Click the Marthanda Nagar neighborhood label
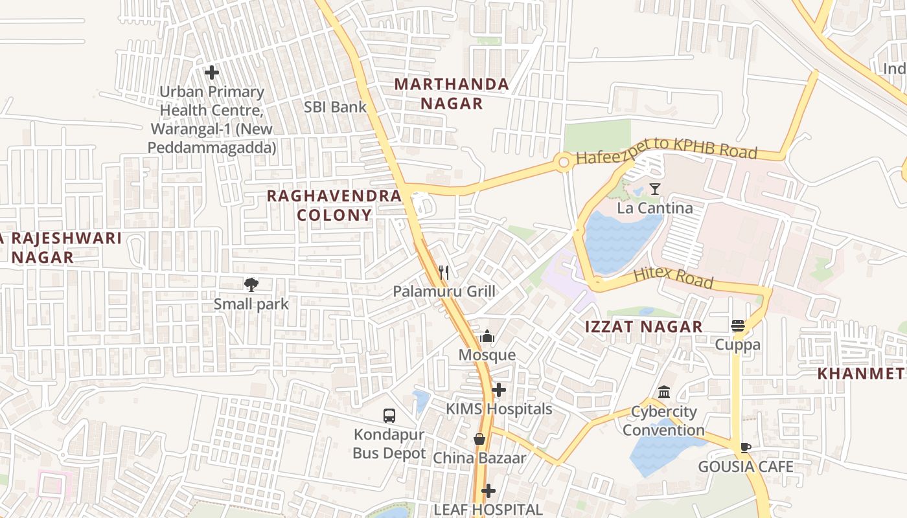point(452,94)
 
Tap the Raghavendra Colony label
point(334,205)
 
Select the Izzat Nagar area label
point(643,327)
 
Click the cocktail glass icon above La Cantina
point(655,189)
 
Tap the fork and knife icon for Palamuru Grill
point(444,272)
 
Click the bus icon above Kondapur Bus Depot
point(389,416)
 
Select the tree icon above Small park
point(251,284)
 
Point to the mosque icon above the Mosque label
point(487,336)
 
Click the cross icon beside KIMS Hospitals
point(498,390)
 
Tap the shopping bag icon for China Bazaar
point(479,439)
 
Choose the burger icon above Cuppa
point(738,325)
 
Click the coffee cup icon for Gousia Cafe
point(745,447)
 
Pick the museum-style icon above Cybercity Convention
point(664,392)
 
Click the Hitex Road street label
point(673,277)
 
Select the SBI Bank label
point(335,107)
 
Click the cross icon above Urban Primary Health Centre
point(212,73)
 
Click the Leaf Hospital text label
point(488,510)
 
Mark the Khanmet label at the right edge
point(860,374)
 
